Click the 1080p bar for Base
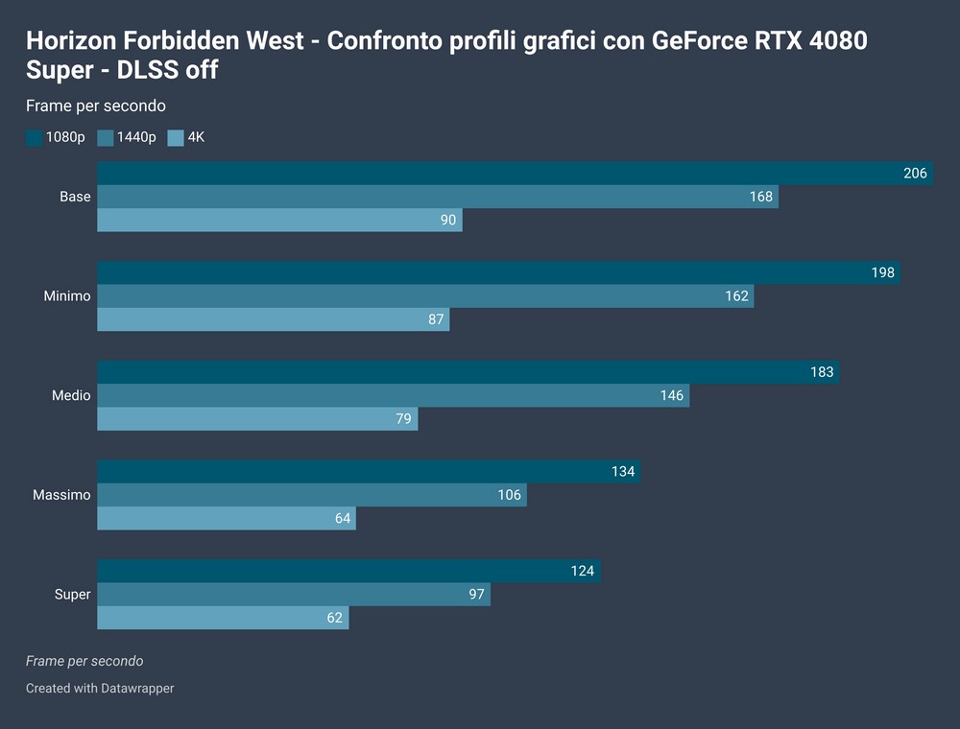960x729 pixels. tap(516, 174)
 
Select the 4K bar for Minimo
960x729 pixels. tap(274, 319)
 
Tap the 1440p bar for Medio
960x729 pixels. tap(394, 395)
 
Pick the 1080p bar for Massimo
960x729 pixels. tap(369, 472)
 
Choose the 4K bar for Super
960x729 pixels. tap(223, 618)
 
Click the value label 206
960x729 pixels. tap(915, 174)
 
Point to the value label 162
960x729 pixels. tap(736, 296)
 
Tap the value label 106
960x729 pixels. tap(510, 495)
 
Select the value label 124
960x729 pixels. tap(583, 572)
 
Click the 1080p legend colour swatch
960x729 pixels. tap(34, 138)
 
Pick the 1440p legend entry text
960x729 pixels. tap(136, 138)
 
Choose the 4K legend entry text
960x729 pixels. tap(196, 138)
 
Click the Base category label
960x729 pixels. tap(75, 197)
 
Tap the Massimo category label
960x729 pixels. tap(61, 495)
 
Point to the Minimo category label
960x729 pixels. tap(67, 296)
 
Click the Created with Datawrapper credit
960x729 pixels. tap(100, 688)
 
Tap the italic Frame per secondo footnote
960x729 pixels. tap(84, 661)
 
